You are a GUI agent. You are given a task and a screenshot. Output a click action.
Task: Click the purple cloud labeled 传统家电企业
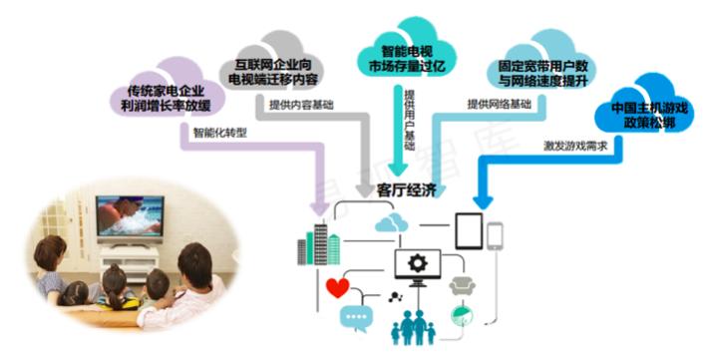click(168, 91)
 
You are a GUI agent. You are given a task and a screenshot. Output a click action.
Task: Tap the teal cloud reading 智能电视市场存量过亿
click(407, 50)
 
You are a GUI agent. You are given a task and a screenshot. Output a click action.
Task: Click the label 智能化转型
click(220, 133)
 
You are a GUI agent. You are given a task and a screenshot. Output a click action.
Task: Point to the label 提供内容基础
click(301, 105)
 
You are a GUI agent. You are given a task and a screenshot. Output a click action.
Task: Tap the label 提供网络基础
click(499, 105)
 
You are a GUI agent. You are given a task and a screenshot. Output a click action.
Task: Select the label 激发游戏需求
click(575, 146)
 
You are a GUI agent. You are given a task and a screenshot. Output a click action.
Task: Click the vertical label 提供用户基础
click(409, 120)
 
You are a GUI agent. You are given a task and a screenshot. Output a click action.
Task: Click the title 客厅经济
click(407, 190)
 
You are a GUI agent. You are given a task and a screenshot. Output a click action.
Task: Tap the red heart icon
click(337, 287)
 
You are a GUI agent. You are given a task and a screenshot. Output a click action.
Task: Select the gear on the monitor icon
click(418, 263)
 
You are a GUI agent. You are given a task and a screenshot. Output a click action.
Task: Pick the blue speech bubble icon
click(357, 318)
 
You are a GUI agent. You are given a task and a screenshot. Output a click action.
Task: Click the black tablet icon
click(469, 230)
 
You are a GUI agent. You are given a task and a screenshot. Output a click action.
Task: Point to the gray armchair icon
click(462, 286)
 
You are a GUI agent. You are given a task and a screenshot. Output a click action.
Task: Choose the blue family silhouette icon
click(413, 328)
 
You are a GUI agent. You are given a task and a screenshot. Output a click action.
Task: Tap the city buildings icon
click(318, 243)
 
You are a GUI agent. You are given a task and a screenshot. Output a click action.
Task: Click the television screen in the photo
click(130, 216)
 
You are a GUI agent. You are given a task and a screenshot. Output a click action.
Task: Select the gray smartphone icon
click(495, 235)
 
